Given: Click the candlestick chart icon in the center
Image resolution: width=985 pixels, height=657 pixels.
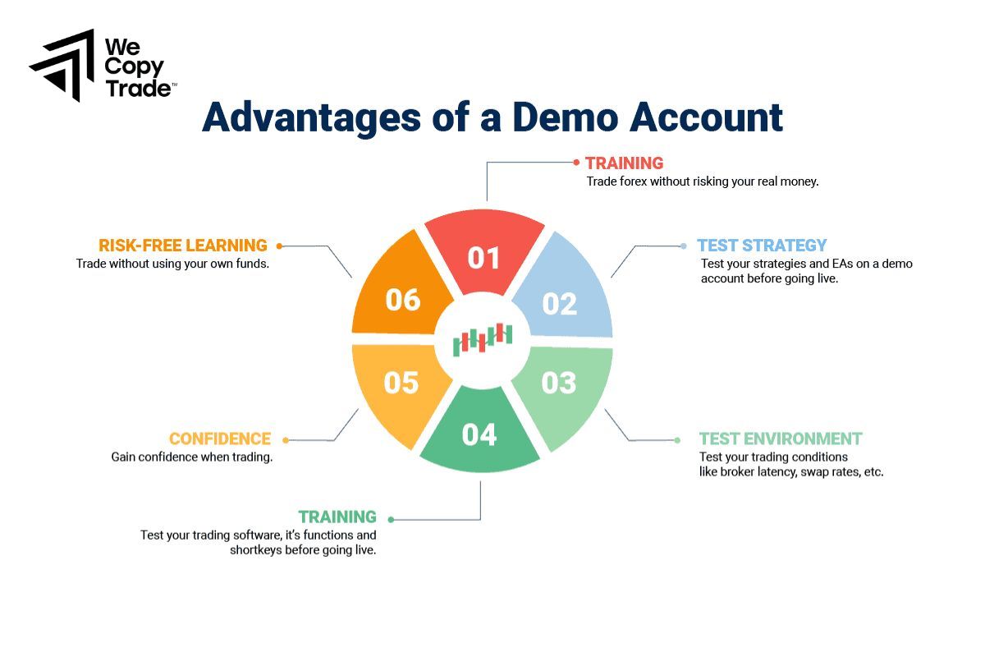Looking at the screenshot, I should click(483, 338).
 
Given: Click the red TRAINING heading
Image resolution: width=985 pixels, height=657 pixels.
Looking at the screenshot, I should click(624, 163).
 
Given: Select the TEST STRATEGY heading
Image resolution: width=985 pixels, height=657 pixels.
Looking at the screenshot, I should click(762, 245).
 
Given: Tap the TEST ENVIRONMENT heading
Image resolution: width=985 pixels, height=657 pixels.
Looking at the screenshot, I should click(781, 439).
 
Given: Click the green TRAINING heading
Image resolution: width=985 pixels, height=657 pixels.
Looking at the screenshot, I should click(337, 517).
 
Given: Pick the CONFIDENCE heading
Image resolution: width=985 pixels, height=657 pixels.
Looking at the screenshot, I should click(220, 439).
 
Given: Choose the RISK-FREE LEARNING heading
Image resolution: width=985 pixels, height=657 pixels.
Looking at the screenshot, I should click(183, 245).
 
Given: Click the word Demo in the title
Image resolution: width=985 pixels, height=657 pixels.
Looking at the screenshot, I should click(558, 117).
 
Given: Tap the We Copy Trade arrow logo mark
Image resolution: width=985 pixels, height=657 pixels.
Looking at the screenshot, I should click(62, 66).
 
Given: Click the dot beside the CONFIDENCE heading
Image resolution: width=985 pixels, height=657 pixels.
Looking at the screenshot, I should click(285, 440).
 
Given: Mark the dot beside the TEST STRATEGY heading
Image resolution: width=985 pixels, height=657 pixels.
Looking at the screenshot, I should click(684, 246).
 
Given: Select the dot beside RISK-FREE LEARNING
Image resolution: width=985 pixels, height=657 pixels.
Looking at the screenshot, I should click(279, 246).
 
